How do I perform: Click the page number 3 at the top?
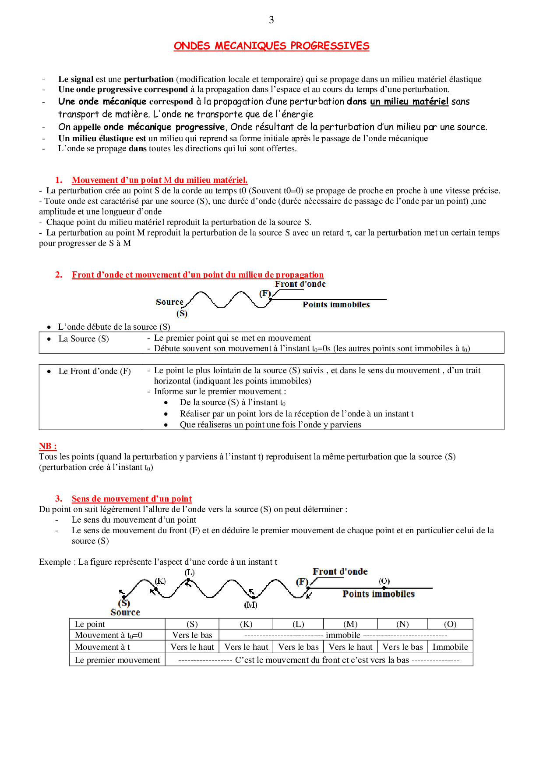click(x=271, y=20)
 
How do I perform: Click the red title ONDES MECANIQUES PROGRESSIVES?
click(x=271, y=46)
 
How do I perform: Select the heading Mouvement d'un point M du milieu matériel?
click(x=159, y=180)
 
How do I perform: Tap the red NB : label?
click(x=48, y=446)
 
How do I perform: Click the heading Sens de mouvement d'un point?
click(x=132, y=499)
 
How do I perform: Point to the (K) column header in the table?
click(x=246, y=624)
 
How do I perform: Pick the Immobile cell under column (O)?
click(x=450, y=647)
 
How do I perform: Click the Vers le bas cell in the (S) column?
click(x=192, y=635)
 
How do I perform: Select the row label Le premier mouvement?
click(x=117, y=660)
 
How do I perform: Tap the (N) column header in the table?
click(x=402, y=624)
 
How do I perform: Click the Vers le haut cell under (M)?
click(x=350, y=647)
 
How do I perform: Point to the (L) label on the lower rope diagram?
click(x=190, y=573)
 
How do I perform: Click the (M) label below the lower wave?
click(x=250, y=605)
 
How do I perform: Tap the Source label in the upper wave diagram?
click(x=169, y=302)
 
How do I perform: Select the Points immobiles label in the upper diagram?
click(x=336, y=305)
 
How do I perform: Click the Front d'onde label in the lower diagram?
click(x=340, y=572)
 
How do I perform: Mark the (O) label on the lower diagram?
click(x=384, y=581)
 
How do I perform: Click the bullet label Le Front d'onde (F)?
click(x=95, y=371)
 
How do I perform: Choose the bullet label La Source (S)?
click(x=84, y=339)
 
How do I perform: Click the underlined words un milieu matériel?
click(x=409, y=102)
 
